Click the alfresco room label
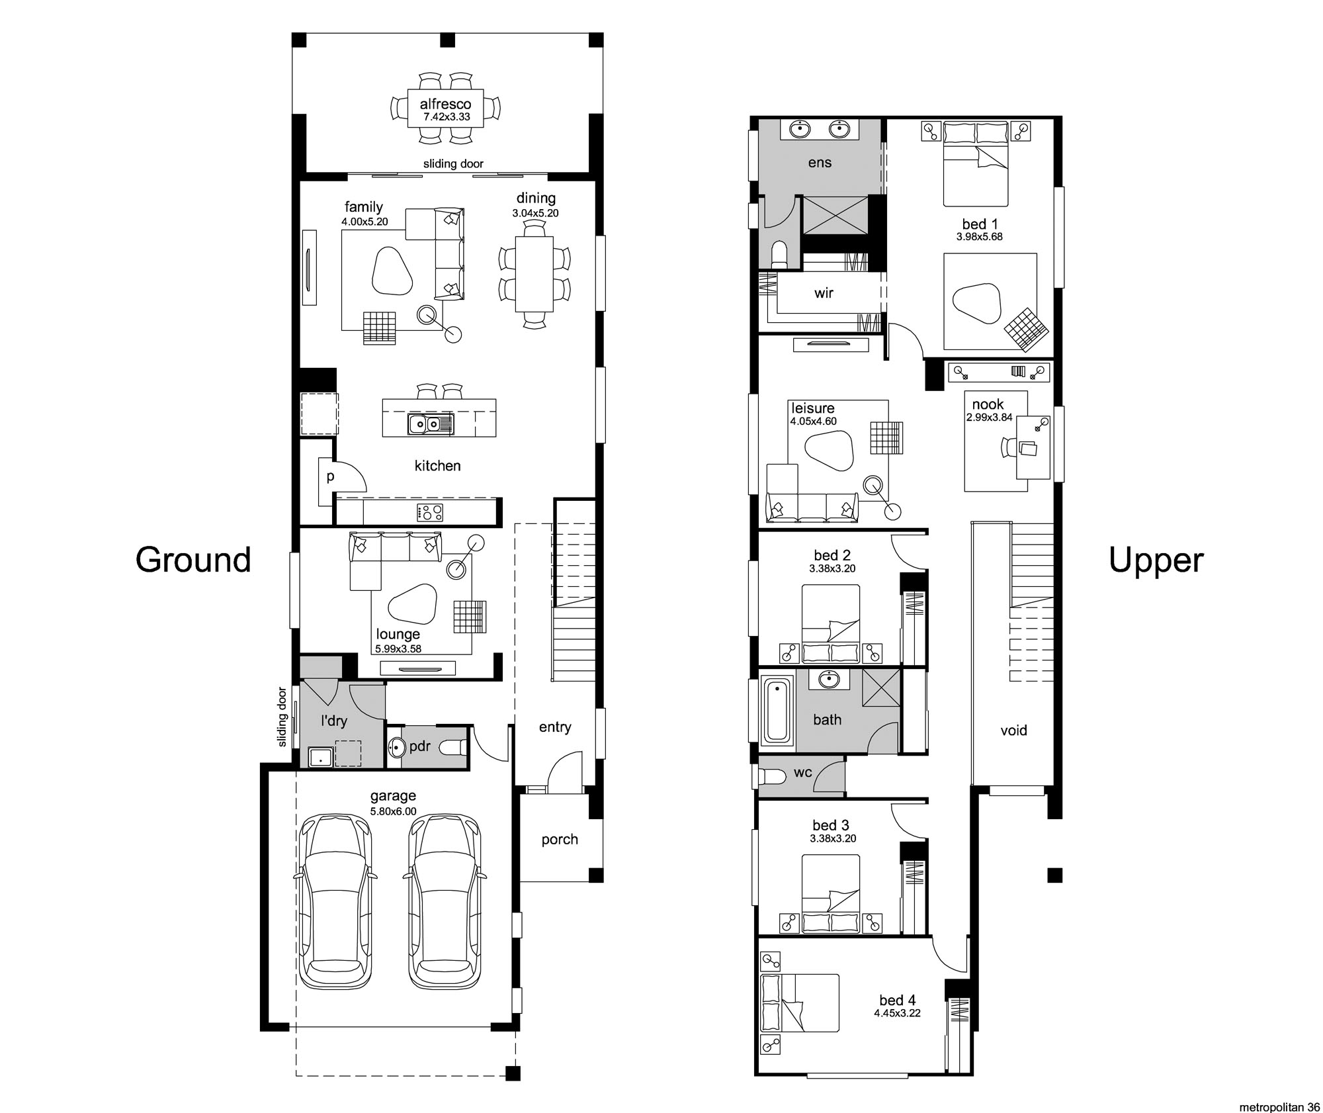tap(446, 104)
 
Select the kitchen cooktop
tap(429, 512)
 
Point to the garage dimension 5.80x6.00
tap(393, 811)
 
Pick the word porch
tap(560, 840)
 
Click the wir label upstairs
tap(824, 293)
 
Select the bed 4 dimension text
tap(897, 1013)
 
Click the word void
tap(1013, 731)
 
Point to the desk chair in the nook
tap(1009, 447)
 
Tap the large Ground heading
tap(193, 560)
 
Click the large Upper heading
tap(1156, 561)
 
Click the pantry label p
tap(330, 476)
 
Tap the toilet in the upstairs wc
tap(771, 776)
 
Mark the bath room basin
tap(828, 679)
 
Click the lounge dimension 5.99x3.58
tap(398, 649)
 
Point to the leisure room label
tap(812, 408)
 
